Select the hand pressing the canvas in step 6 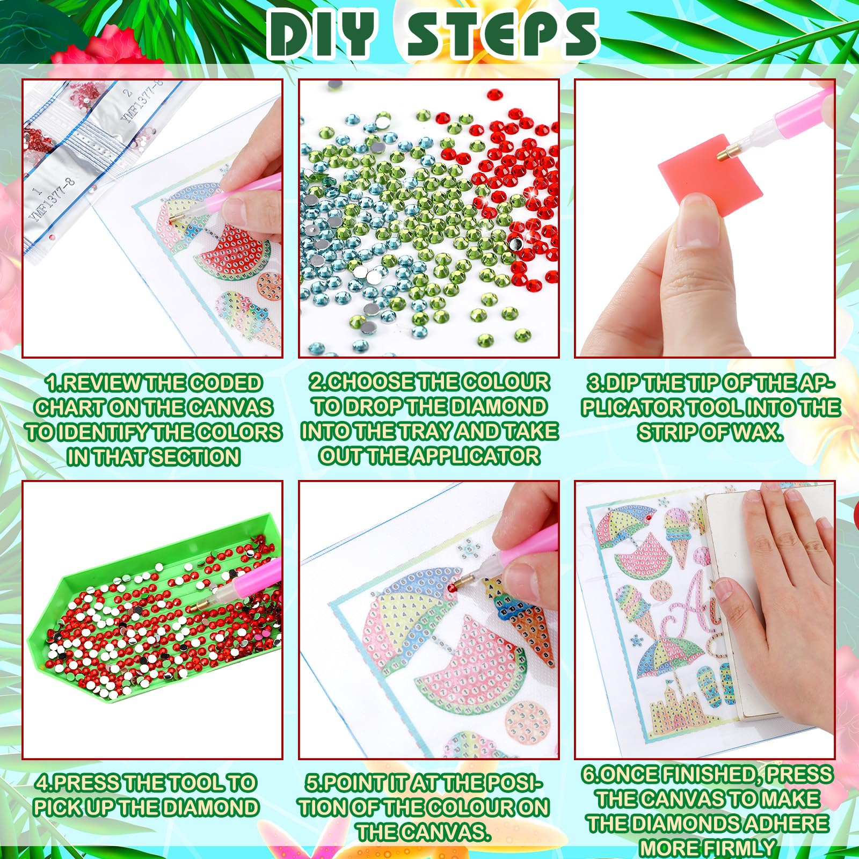click(x=773, y=580)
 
